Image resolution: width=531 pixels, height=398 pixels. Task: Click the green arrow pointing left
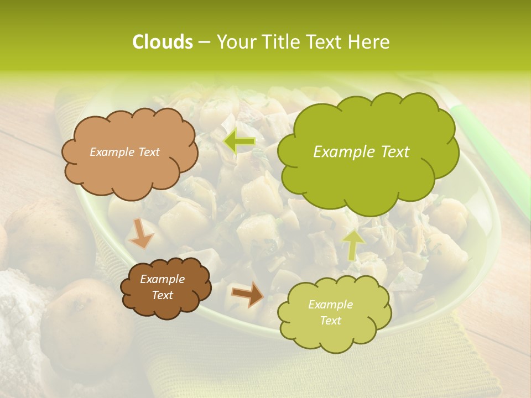coord(240,142)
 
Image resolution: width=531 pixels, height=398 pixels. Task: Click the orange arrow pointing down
coord(140,233)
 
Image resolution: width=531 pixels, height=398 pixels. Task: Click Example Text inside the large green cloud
coord(361,152)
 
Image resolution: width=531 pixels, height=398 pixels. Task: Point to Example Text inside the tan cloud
coord(124,152)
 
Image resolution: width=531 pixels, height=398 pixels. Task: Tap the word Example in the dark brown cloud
coord(162,279)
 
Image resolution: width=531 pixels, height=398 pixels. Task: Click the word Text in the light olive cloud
coord(330,321)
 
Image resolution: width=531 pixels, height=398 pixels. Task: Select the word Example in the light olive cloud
coord(330,305)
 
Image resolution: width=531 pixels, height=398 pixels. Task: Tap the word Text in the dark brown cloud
coord(162,295)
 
